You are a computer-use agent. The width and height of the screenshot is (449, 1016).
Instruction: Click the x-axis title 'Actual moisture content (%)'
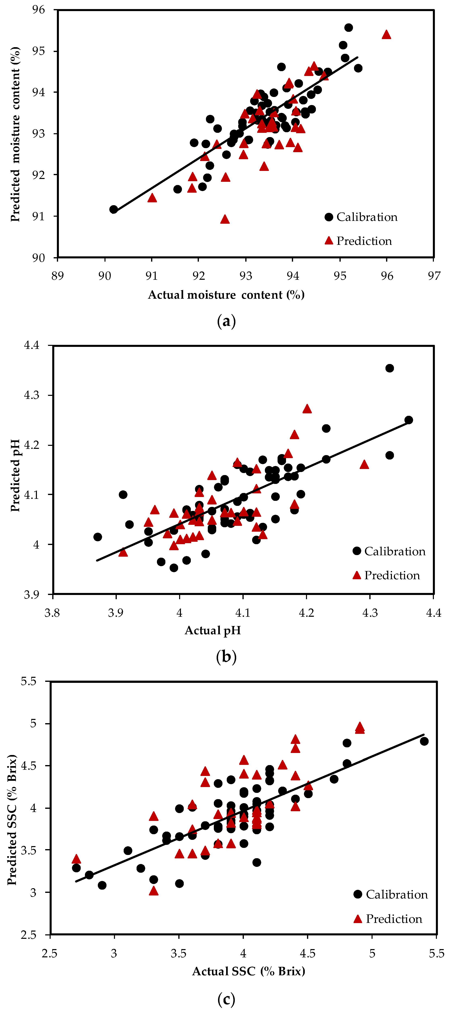[x=226, y=295]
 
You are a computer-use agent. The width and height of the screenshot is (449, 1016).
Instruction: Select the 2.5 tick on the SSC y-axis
[x=28, y=935]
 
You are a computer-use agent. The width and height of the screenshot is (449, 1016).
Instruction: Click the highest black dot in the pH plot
[x=389, y=368]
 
